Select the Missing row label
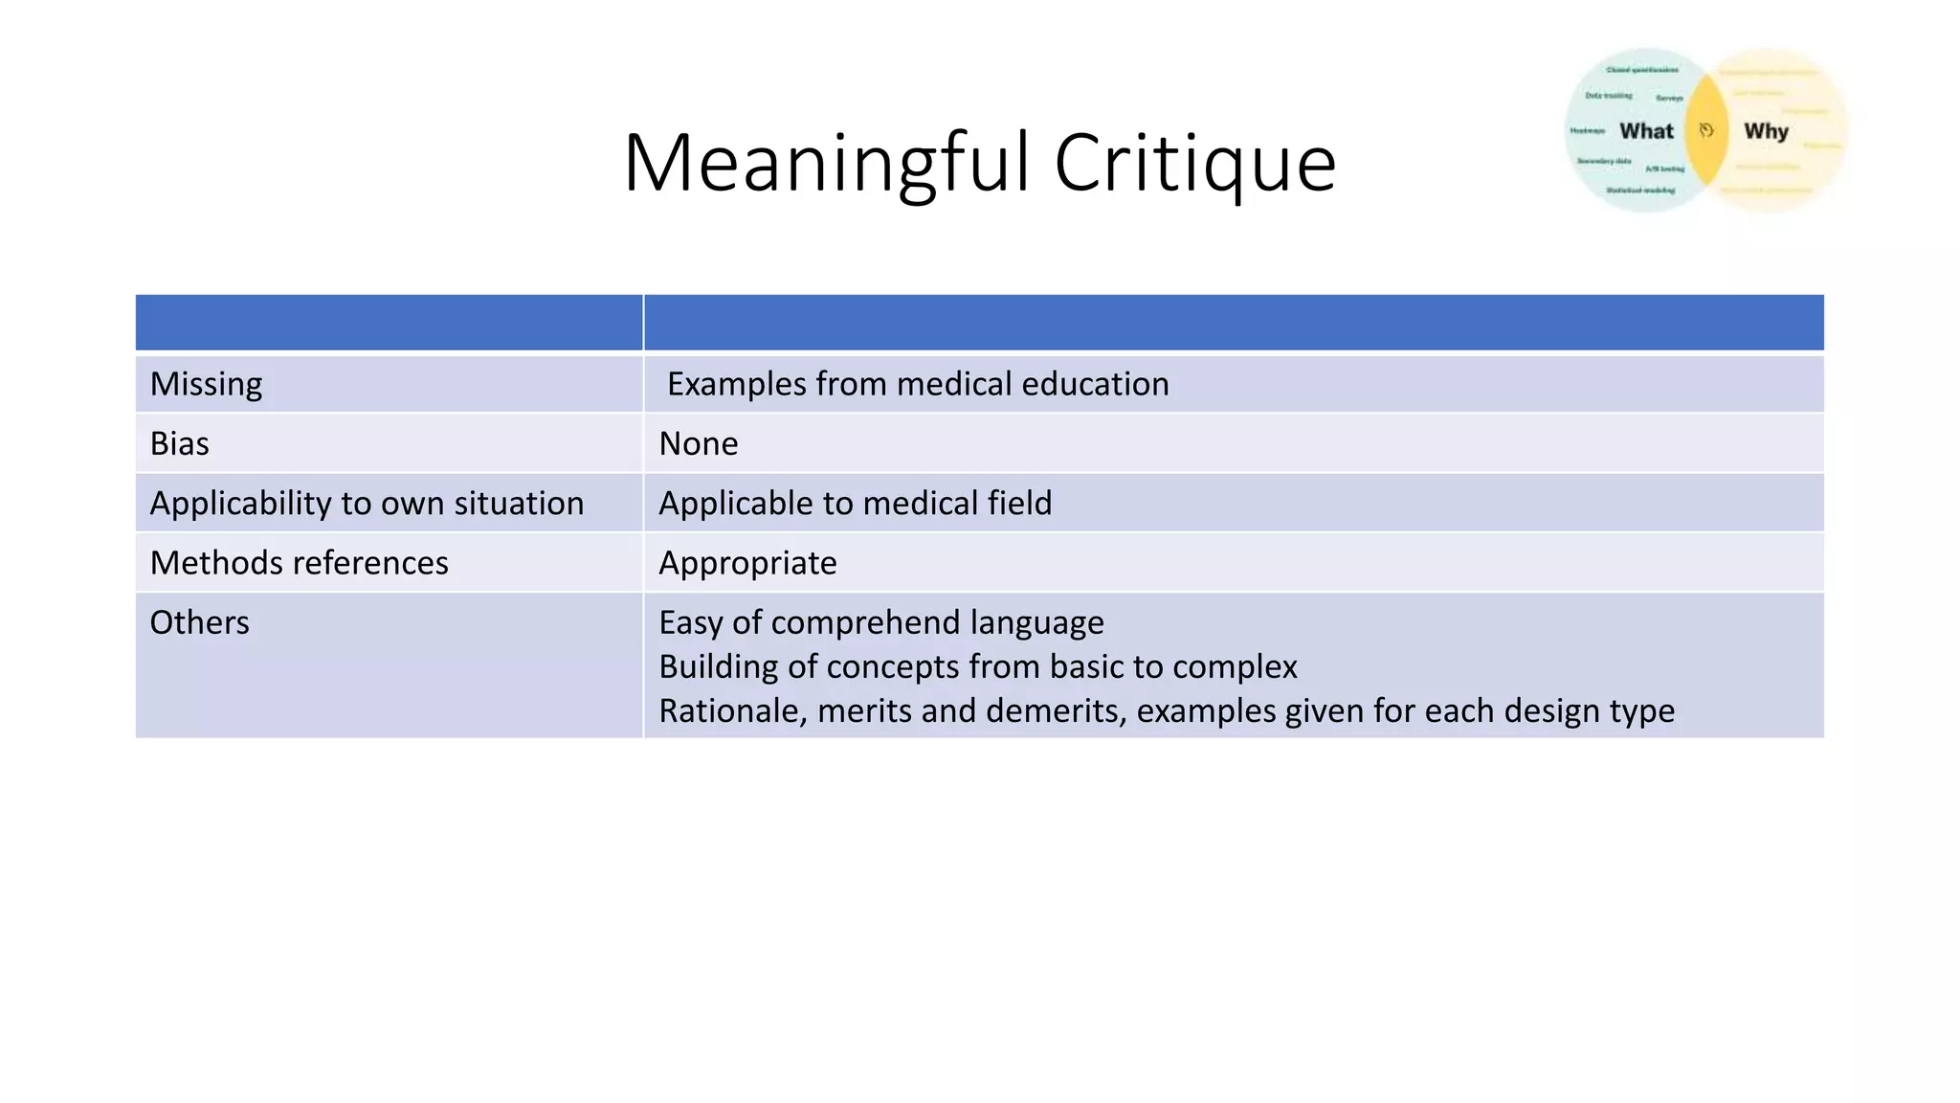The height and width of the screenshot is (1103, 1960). coord(206,384)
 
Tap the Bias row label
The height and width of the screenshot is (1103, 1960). coord(179,443)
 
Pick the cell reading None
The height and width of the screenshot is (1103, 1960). coord(699,443)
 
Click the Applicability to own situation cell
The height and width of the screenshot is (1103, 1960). coord(367,503)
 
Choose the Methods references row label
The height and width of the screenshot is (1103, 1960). coord(299,563)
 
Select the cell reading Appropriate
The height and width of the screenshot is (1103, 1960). coord(747,563)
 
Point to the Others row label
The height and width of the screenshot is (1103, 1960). coord(199,622)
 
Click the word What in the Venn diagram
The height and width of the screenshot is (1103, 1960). coord(1646,131)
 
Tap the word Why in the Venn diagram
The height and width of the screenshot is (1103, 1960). coord(1766,131)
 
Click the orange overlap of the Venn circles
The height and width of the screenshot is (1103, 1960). coord(1706,130)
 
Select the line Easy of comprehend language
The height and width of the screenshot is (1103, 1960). coord(880,622)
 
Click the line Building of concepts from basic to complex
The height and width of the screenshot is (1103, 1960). coord(977,666)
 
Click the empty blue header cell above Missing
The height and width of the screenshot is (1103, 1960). coord(389,323)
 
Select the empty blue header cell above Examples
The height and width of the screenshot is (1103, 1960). coord(1234,323)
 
